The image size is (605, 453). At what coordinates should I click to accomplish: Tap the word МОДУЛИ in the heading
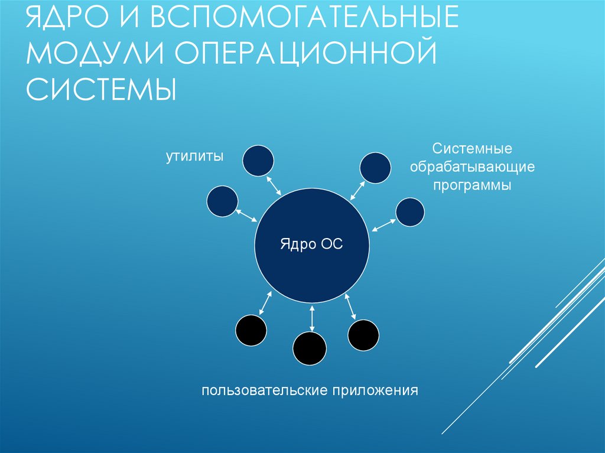tap(94, 55)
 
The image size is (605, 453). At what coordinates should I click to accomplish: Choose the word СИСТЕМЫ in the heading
tap(101, 90)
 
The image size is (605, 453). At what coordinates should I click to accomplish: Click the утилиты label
tap(194, 157)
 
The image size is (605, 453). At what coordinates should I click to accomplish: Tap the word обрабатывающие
tap(473, 167)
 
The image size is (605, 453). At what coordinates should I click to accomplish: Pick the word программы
tap(473, 185)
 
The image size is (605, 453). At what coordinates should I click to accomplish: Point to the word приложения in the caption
tap(375, 390)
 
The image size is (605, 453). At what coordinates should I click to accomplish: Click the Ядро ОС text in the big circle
tap(311, 244)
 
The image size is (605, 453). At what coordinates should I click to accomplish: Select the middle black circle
tap(310, 348)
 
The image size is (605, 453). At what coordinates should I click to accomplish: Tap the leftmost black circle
tap(251, 331)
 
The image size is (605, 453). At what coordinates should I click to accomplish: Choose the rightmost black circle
tap(363, 335)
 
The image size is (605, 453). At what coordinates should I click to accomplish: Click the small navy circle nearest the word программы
tap(410, 211)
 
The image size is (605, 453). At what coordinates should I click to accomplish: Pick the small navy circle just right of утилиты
tap(259, 160)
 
